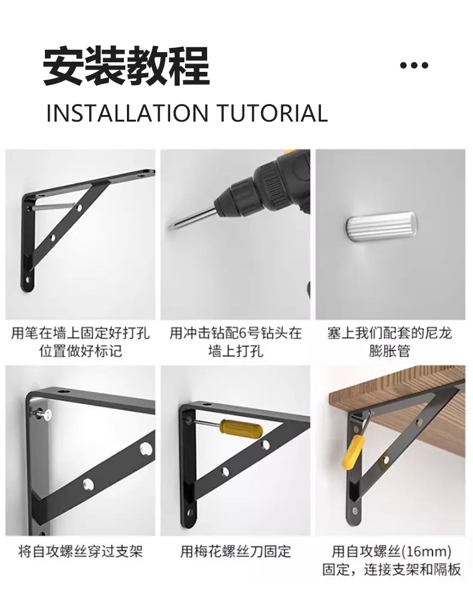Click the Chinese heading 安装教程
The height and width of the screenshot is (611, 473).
click(126, 66)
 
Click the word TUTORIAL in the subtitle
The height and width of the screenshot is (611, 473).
click(272, 113)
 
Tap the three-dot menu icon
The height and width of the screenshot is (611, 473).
click(414, 65)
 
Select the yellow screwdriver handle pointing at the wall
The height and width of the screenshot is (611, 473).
click(241, 428)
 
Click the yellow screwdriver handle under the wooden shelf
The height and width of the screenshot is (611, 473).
click(353, 451)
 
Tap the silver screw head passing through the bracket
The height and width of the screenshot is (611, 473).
click(47, 415)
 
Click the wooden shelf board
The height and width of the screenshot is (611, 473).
click(398, 394)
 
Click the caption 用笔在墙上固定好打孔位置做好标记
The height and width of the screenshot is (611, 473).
click(80, 341)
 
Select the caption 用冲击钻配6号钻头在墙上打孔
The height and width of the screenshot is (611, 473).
click(235, 341)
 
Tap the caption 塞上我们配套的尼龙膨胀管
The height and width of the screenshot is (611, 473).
click(390, 341)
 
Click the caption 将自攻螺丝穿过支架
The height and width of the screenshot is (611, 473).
click(80, 551)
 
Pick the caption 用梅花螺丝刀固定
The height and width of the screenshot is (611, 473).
click(235, 551)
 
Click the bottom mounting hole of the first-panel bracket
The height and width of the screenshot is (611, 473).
click(28, 279)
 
